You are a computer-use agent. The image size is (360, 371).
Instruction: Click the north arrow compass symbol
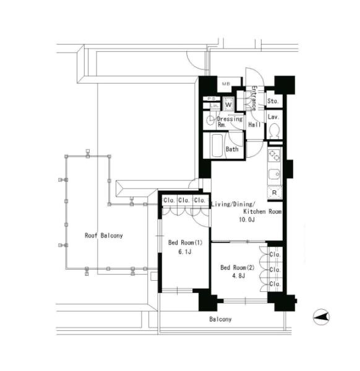click(322, 317)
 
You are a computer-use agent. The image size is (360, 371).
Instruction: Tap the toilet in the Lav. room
click(274, 131)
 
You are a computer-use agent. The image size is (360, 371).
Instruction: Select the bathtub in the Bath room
click(217, 145)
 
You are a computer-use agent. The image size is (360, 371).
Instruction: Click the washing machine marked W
click(228, 104)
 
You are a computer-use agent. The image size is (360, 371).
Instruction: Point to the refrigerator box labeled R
click(275, 193)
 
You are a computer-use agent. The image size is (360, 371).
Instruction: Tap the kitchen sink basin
click(274, 174)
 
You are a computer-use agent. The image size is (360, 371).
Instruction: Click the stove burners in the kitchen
click(274, 155)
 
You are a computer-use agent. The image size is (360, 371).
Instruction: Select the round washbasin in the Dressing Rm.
click(210, 121)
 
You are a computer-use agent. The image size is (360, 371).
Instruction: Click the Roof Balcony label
click(104, 236)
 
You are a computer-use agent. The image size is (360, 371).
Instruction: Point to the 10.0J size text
click(247, 220)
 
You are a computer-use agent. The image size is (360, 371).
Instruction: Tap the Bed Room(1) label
click(186, 242)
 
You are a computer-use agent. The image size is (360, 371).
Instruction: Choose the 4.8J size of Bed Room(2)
click(238, 276)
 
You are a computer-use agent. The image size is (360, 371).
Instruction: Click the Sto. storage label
click(273, 101)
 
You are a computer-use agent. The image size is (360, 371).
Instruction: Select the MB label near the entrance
click(226, 83)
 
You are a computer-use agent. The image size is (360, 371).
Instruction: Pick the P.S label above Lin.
click(212, 99)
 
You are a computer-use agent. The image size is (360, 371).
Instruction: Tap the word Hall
click(254, 124)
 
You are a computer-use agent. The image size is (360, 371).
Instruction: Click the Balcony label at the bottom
click(220, 319)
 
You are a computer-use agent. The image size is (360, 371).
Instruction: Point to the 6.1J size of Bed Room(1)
click(185, 252)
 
